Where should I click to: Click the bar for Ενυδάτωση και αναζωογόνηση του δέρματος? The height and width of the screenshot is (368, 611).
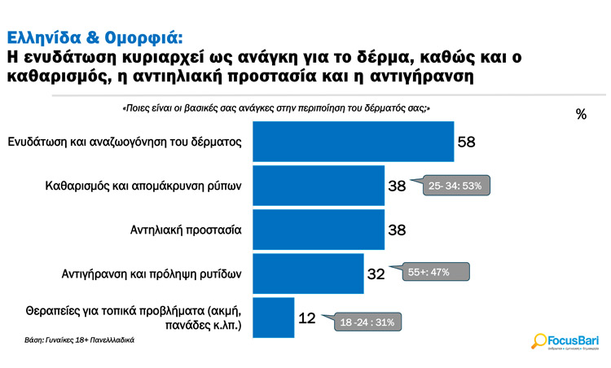(x=354, y=141)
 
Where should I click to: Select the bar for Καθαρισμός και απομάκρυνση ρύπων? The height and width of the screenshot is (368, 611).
(x=320, y=186)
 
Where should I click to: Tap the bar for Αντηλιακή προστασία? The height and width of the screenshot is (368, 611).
(x=320, y=230)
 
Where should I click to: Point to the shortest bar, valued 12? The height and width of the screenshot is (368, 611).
(x=275, y=318)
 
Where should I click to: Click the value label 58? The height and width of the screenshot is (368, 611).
(x=466, y=142)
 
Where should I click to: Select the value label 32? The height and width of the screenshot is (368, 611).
(x=376, y=274)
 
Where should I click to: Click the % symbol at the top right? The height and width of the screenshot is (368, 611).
(x=580, y=115)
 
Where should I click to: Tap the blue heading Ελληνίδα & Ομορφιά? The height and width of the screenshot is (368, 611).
(x=95, y=37)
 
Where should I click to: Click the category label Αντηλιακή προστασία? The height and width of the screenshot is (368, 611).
(x=186, y=230)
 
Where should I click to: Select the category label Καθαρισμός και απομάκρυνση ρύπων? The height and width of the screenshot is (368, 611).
(x=143, y=186)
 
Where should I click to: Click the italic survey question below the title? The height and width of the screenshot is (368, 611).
(x=275, y=108)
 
